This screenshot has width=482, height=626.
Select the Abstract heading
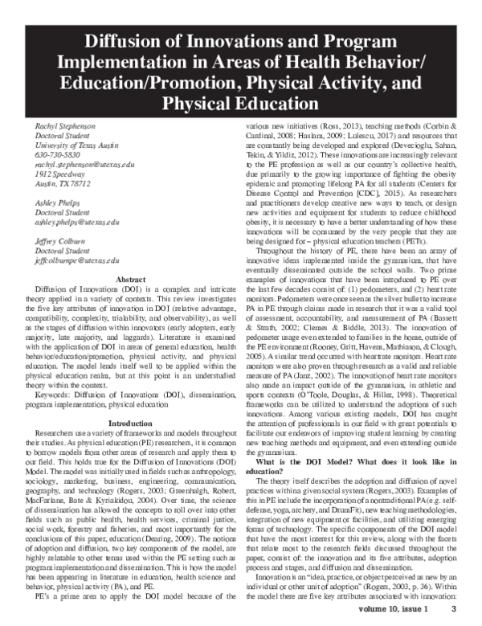point(131,279)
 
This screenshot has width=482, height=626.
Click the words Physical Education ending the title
point(240,104)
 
